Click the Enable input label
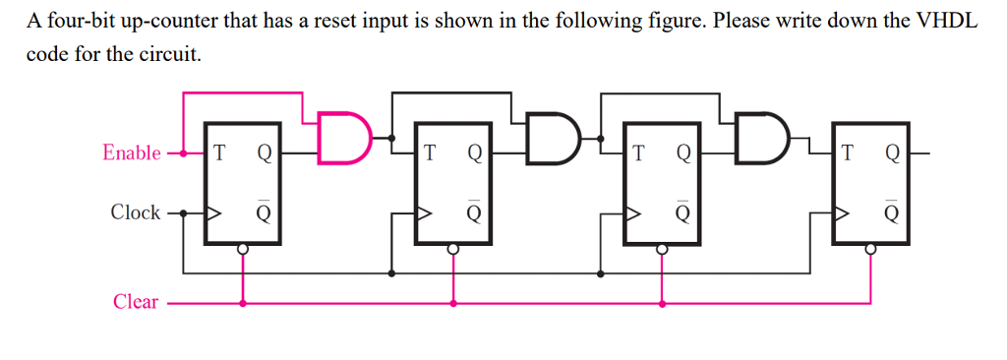click(132, 152)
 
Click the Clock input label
click(136, 211)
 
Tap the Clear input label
click(136, 302)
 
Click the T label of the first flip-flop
click(218, 153)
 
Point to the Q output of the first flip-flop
click(264, 153)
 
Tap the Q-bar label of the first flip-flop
click(264, 211)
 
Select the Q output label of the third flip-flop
click(683, 153)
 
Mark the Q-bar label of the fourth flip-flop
click(892, 211)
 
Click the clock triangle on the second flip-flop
click(425, 211)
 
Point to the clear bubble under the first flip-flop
click(243, 250)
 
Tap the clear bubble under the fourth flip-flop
click(870, 250)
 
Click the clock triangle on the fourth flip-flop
click(843, 211)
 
